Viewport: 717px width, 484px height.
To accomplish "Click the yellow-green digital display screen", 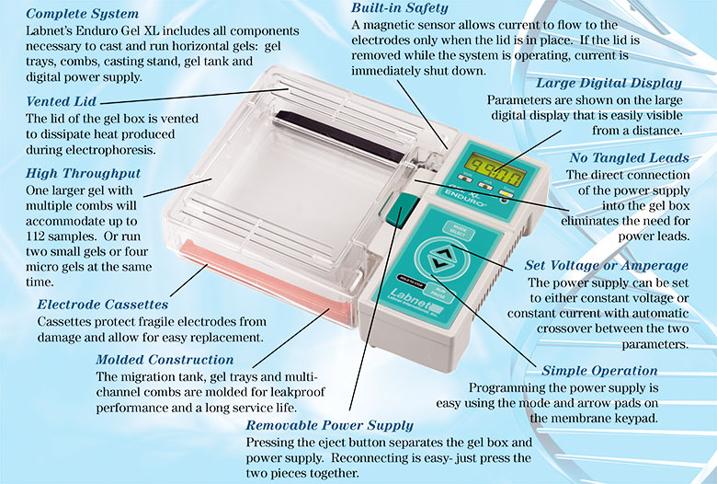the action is tap(495, 169).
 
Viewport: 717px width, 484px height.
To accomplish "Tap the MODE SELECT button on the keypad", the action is tap(458, 231).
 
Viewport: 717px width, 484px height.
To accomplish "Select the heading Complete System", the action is tap(83, 14).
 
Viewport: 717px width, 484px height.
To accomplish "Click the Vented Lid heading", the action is tap(62, 101).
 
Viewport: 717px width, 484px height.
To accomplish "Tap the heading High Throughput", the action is tap(84, 174).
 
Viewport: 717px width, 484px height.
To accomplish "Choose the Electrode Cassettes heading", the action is tap(103, 305).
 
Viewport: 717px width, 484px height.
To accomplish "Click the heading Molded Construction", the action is tap(165, 360).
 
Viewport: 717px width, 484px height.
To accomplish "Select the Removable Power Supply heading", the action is tap(329, 425).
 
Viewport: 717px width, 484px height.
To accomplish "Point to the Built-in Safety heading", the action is tap(400, 8).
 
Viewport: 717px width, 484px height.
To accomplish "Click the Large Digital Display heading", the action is tap(609, 84).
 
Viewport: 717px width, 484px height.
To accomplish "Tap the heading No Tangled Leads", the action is tap(629, 158).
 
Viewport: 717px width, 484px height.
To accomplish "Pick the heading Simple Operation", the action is tap(599, 371).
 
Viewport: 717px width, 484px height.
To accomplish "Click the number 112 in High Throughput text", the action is tap(35, 236).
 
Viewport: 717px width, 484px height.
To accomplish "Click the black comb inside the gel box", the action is tap(339, 136).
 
